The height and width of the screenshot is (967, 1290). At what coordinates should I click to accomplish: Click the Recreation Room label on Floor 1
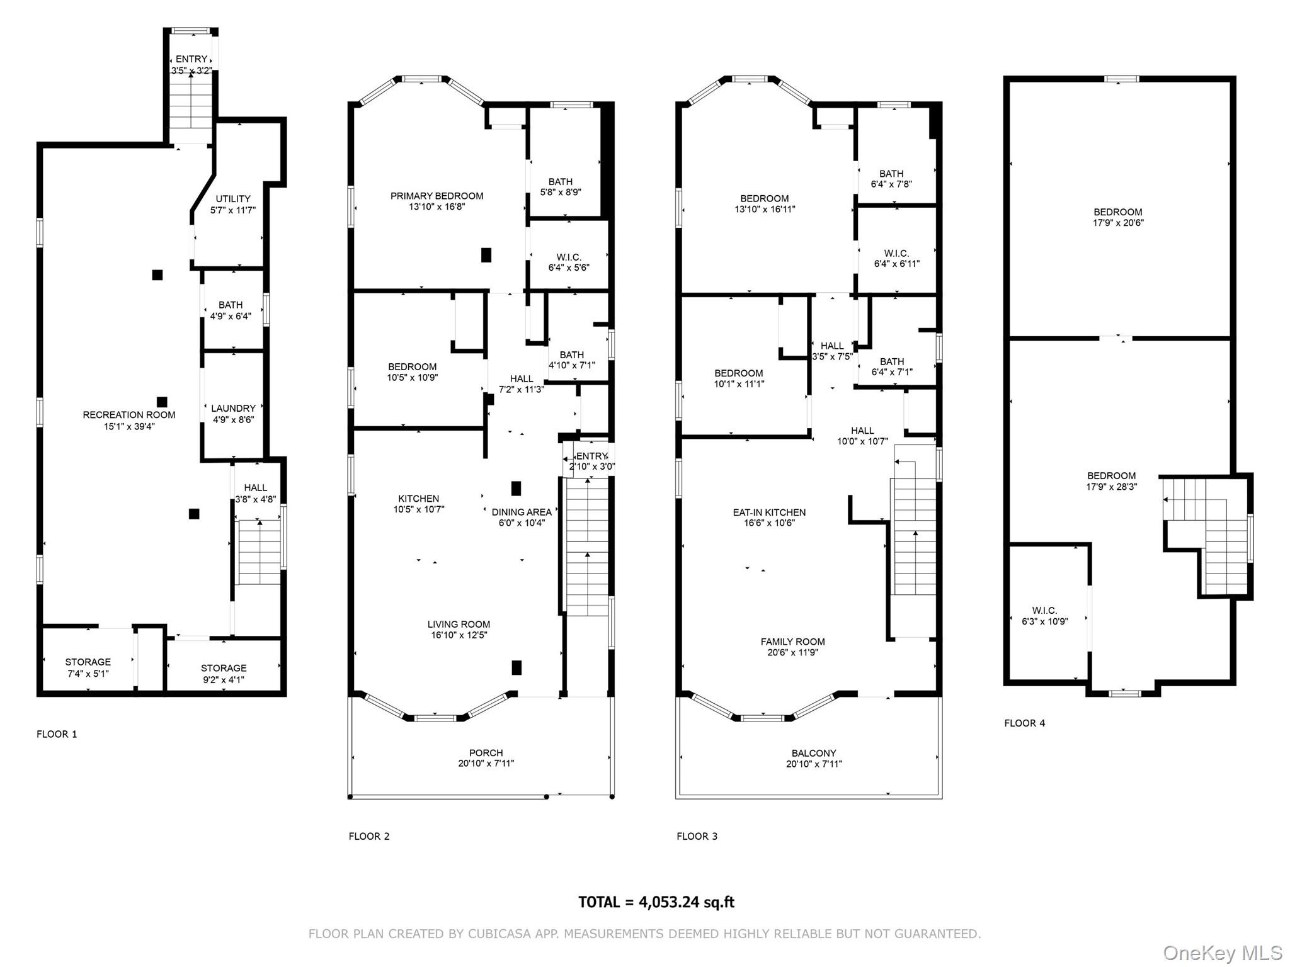click(129, 415)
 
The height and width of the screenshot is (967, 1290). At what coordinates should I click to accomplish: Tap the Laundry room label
click(233, 409)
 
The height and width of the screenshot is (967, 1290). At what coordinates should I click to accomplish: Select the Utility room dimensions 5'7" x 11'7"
click(233, 210)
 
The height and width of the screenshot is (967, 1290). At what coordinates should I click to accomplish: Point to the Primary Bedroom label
click(437, 196)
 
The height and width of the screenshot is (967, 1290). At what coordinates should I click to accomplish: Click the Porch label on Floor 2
click(486, 753)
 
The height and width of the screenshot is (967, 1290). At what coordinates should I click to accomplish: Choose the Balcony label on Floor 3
click(814, 753)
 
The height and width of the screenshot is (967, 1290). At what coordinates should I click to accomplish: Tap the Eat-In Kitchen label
click(769, 512)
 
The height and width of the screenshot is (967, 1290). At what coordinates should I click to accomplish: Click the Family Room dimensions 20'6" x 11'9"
click(792, 653)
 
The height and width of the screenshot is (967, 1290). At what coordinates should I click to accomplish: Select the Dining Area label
click(521, 512)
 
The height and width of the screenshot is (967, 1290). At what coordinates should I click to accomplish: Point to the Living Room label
click(459, 625)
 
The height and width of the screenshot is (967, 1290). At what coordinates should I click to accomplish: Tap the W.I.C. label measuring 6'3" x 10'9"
click(1044, 611)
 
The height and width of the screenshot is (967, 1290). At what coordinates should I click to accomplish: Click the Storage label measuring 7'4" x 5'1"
click(88, 662)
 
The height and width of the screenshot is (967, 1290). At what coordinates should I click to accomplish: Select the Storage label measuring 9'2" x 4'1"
click(224, 668)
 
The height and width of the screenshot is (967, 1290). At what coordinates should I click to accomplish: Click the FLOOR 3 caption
click(697, 836)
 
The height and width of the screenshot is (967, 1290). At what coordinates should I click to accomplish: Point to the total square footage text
click(656, 902)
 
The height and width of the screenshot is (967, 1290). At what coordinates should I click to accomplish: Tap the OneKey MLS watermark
click(1222, 953)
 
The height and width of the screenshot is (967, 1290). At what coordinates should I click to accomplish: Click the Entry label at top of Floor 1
click(191, 59)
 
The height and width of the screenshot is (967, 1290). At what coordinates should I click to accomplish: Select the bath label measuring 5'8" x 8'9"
click(560, 182)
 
